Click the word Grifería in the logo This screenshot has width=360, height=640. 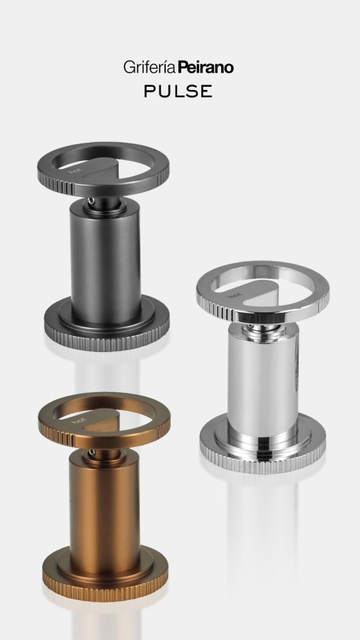click(150, 67)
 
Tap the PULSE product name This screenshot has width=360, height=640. click(178, 91)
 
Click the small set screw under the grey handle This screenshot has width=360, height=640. click(91, 201)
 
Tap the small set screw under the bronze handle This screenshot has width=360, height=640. click(92, 452)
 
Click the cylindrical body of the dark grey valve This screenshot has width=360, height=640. click(105, 261)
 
